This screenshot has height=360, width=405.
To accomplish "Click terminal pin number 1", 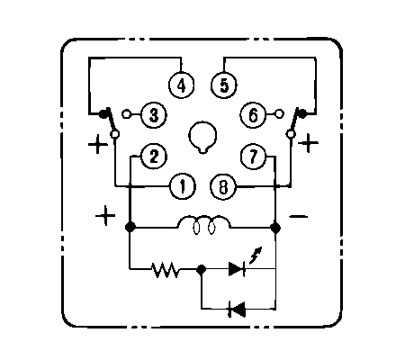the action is click(183, 186).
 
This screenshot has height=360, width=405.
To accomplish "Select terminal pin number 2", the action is click(154, 157).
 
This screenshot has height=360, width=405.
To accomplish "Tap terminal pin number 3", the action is click(154, 114).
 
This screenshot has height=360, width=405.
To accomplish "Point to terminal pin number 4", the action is click(181, 85).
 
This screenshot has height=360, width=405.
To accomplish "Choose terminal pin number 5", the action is click(224, 85).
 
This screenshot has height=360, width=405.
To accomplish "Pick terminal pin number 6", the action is click(253, 114).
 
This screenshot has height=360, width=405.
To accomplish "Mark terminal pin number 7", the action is click(254, 157).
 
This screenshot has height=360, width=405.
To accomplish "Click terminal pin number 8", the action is click(223, 187).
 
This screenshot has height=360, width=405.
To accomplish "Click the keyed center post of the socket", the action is click(202, 137).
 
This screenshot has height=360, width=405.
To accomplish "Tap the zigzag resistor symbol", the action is click(166, 269).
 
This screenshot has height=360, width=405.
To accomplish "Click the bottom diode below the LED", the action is click(237, 309).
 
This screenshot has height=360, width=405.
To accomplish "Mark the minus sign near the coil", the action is click(298, 216).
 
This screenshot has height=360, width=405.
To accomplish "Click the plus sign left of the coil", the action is click(105, 216).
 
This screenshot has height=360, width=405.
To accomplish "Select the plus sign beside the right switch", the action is click(308, 143).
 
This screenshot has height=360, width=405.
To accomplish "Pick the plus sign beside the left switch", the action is click(98, 144).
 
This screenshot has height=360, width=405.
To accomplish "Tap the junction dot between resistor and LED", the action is click(201, 269).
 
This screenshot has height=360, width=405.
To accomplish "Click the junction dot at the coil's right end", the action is click(275, 228).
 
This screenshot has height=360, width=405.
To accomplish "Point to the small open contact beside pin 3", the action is click(126, 114).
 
